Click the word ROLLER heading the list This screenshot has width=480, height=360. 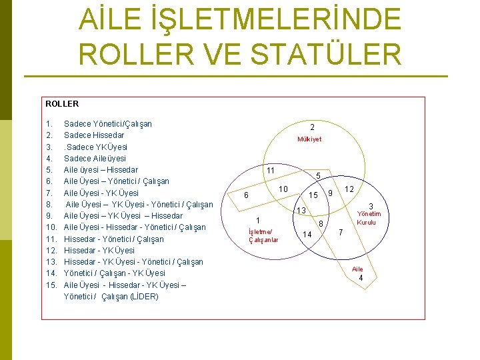[62, 104]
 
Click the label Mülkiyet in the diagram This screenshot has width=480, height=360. [309, 139]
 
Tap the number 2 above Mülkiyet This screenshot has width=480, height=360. [312, 127]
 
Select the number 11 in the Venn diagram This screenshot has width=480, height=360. [271, 171]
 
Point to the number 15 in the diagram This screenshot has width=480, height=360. [313, 195]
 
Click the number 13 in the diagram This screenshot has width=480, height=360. [301, 211]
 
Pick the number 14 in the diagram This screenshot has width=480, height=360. [307, 234]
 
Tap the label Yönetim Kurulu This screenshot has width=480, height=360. [369, 218]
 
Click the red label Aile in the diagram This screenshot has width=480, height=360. [358, 269]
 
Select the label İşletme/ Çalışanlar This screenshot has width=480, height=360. [263, 235]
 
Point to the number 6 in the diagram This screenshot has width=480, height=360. [246, 195]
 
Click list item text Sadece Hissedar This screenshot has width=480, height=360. [94, 135]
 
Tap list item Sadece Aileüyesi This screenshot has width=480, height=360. [95, 159]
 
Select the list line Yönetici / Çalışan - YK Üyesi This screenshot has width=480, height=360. [114, 273]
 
